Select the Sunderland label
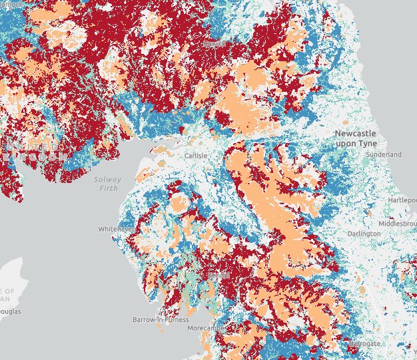pos(384,154)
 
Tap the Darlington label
pos(364,234)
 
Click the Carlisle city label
pos(196,156)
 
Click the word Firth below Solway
pos(108,188)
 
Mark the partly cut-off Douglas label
pos(10,311)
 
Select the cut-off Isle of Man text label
pos(7,295)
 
